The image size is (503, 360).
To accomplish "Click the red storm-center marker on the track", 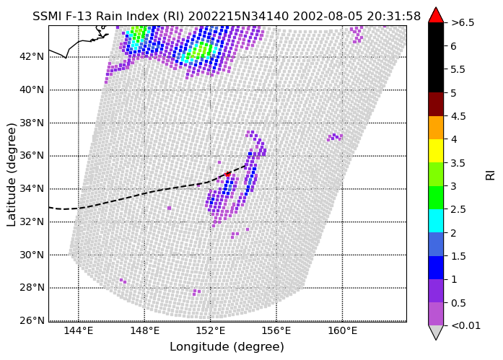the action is tap(227, 174).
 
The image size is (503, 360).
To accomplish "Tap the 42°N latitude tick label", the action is tap(32, 56).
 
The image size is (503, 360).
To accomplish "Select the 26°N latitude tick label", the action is tap(32, 320).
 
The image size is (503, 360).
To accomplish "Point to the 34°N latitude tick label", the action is tap(32, 188).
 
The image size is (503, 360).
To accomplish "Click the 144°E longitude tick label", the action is tap(78, 330).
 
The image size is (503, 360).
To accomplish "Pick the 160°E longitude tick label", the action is tap(342, 330).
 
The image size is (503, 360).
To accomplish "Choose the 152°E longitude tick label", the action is tap(211, 330).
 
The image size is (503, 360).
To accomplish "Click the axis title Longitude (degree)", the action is tap(227, 347).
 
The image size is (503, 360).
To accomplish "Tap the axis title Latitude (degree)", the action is tap(12, 175).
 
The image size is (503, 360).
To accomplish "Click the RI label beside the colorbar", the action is tap(491, 175).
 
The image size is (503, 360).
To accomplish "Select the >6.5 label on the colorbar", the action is tap(463, 23).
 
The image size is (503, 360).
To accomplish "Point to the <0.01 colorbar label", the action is tap(465, 325).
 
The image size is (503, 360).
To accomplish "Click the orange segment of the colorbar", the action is tap(436, 128).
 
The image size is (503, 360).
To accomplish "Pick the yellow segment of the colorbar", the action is tap(436, 151).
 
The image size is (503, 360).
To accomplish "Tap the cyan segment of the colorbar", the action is tap(436, 221).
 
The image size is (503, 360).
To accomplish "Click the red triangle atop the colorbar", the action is tap(436, 16).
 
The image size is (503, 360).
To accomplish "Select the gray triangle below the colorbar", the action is tap(436, 332).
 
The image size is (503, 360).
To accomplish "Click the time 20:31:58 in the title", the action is tap(393, 16).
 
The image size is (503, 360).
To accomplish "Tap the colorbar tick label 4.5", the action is tap(458, 116).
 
